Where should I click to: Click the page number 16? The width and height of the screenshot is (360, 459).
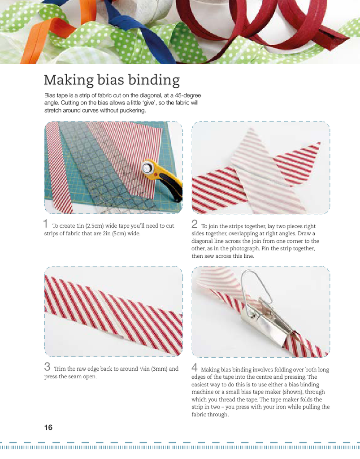48,427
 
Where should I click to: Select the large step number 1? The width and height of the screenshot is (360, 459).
46,224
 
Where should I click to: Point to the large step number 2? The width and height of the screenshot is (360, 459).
195,224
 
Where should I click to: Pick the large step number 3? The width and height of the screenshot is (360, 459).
48,367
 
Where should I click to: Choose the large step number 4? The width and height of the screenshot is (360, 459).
195,368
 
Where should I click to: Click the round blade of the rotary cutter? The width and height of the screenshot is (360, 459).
148,167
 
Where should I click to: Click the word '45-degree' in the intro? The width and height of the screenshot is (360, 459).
188,95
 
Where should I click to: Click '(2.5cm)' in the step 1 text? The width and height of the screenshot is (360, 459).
95,226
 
